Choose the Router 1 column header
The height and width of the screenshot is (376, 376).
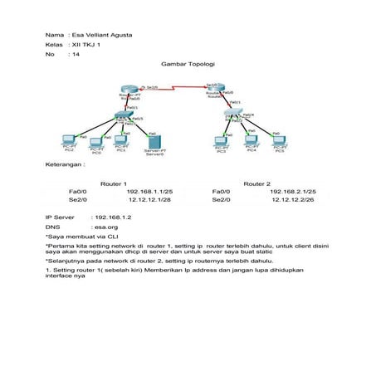point(113,183)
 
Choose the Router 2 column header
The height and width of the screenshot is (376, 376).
point(257,183)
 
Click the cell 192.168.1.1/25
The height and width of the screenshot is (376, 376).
point(149,192)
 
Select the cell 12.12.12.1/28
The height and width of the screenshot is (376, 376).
point(149,200)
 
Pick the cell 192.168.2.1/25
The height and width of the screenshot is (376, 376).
point(292,192)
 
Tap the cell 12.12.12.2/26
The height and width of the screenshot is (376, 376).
point(292,200)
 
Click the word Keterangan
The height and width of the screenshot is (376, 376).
point(65,165)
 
